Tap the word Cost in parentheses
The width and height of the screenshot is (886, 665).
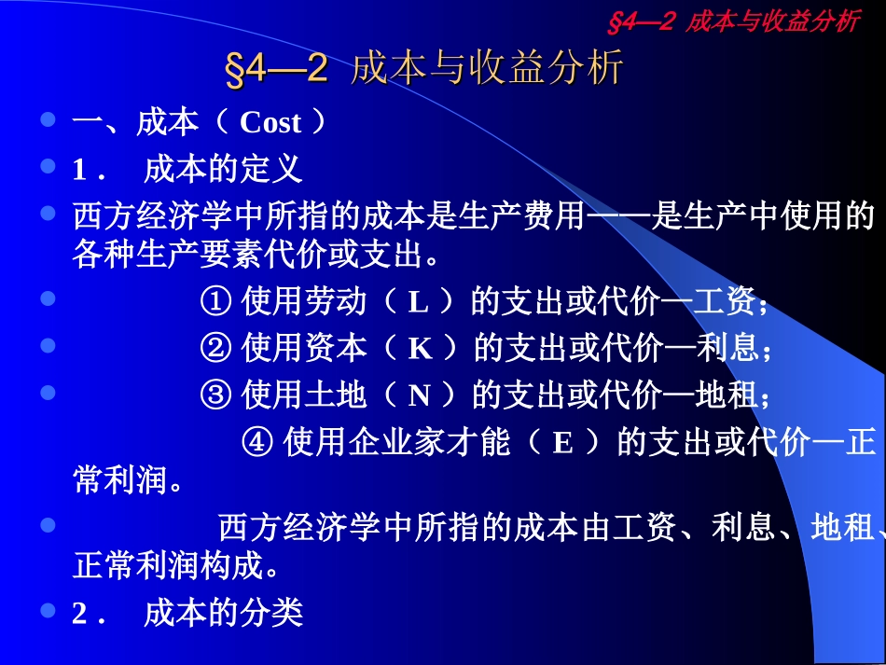[x=270, y=122]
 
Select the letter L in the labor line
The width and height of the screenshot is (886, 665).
[x=419, y=302]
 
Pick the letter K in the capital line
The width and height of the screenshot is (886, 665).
[x=421, y=348]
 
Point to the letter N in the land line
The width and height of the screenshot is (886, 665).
[x=420, y=395]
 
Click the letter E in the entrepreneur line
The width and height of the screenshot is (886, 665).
[x=562, y=442]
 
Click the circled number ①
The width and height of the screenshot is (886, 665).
[x=215, y=302]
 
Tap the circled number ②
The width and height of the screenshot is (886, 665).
[x=215, y=348]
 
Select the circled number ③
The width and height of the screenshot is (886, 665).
[x=215, y=395]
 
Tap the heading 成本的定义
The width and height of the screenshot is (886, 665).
[x=223, y=170]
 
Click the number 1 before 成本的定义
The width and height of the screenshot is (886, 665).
[x=79, y=171]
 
